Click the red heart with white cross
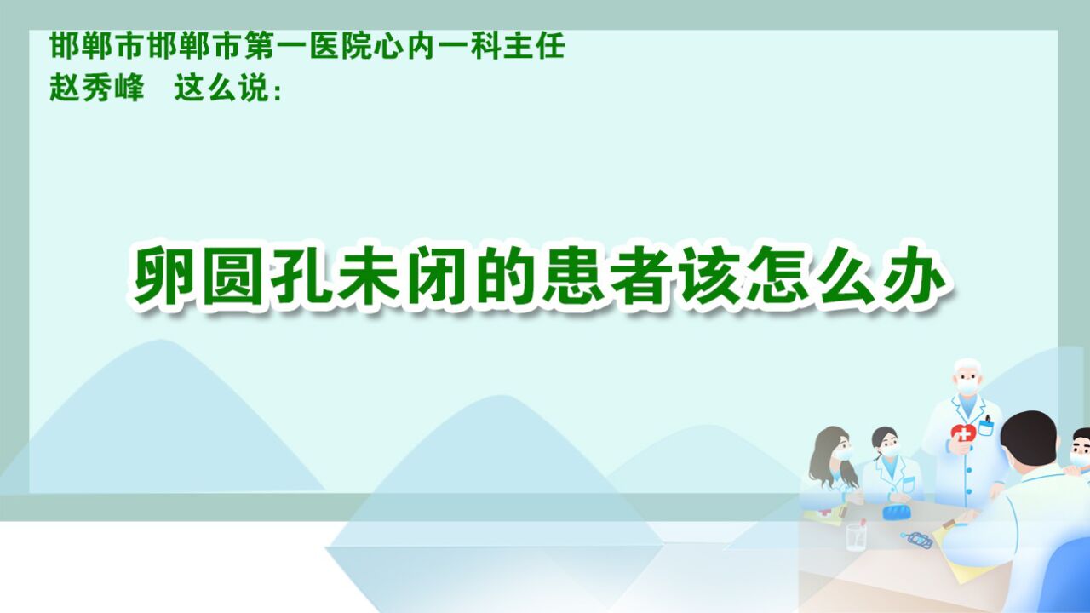point(963,433)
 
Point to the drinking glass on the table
point(856,536)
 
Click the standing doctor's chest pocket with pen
point(986,427)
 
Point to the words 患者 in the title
point(603,276)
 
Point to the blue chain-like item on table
point(917,540)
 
